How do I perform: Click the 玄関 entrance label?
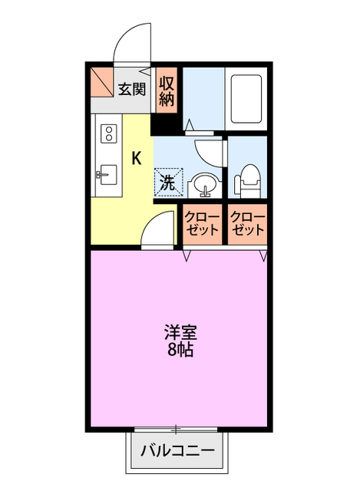tap(132, 88)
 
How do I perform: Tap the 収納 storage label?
tap(168, 90)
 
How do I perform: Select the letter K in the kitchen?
tap(137, 159)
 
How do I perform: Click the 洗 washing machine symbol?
tap(168, 182)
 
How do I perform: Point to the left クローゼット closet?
tap(202, 224)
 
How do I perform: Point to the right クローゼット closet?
tap(247, 224)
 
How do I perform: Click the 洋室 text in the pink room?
tap(180, 334)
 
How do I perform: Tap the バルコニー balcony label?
tap(178, 451)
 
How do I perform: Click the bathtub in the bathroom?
tap(246, 100)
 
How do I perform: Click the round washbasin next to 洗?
tap(204, 183)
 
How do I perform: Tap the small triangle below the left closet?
tap(187, 254)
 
